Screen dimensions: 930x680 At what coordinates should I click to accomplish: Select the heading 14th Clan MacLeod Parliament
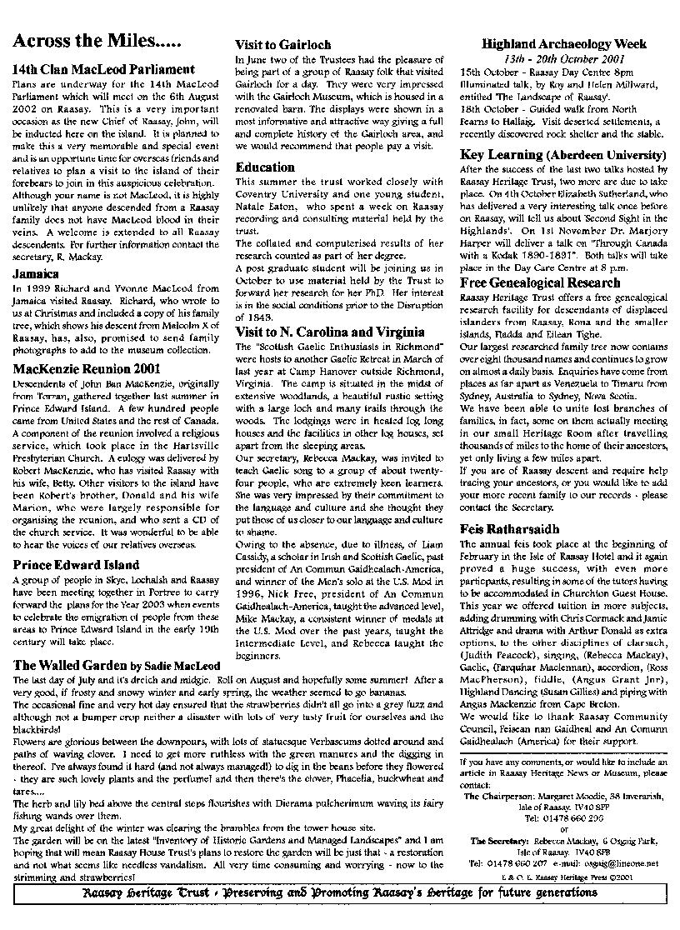click(104, 70)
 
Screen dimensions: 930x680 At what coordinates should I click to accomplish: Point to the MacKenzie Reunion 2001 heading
click(87, 367)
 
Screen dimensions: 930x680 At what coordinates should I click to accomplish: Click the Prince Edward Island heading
click(76, 565)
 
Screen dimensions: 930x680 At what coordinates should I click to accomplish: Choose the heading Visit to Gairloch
click(282, 45)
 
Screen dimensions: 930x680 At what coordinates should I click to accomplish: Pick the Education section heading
click(265, 167)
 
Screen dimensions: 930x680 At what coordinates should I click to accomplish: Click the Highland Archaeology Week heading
click(563, 45)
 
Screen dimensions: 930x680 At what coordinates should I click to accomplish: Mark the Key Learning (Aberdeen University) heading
click(562, 155)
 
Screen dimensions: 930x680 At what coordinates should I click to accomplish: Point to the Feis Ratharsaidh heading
click(510, 529)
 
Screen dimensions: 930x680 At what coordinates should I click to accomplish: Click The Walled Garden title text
click(70, 666)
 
